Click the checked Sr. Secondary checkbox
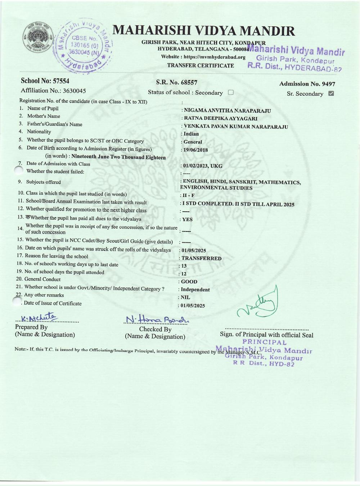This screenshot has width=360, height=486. pos(331,94)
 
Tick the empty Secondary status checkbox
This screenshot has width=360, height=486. pos(231,92)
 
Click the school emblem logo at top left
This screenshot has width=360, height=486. pos(37,40)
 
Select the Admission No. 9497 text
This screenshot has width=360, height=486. pos(307,84)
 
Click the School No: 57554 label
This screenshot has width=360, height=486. pos(45,81)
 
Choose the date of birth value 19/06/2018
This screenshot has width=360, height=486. pos(195,150)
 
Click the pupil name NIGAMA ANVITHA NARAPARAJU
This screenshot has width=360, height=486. pos(227,111)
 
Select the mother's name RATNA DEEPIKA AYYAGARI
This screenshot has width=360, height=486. pos(220,118)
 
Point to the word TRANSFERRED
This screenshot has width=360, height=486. pos(201,258)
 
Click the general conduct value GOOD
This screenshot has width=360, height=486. pos(189,282)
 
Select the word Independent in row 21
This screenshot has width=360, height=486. pos(195,289)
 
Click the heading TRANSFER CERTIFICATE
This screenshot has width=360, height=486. pos(201,66)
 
